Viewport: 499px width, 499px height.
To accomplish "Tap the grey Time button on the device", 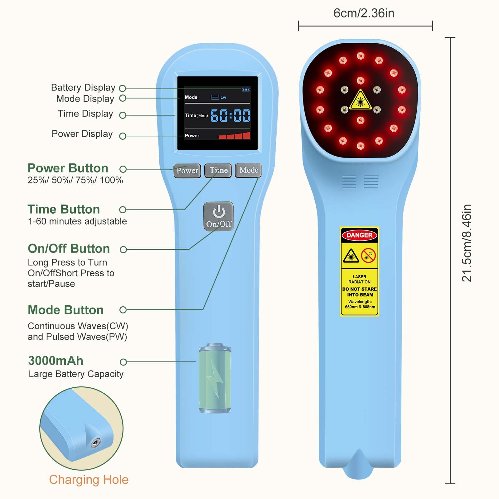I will pyautogui.click(x=218, y=170).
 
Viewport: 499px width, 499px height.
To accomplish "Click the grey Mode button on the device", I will pyautogui.click(x=248, y=170).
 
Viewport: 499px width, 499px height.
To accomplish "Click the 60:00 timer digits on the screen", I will pyautogui.click(x=230, y=115).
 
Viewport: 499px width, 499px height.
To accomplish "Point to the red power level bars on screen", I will pyautogui.click(x=235, y=136).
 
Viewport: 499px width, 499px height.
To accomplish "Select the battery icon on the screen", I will pyautogui.click(x=246, y=90).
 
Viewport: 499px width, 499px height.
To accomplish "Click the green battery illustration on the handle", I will pyautogui.click(x=215, y=378).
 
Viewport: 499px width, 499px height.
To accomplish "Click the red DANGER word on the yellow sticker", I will pyautogui.click(x=359, y=235).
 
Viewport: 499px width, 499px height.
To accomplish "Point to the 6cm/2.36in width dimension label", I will pyautogui.click(x=364, y=13).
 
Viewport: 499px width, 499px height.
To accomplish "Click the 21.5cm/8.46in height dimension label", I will pyautogui.click(x=467, y=243).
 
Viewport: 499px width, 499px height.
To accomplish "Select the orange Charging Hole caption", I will pyautogui.click(x=89, y=480).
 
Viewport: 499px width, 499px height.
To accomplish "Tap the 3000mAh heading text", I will pyautogui.click(x=56, y=361).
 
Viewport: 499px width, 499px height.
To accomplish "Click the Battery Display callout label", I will pyautogui.click(x=83, y=87).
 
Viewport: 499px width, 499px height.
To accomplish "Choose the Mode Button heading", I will pyautogui.click(x=65, y=310).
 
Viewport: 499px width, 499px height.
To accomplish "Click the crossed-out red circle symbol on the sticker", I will pyautogui.click(x=368, y=255).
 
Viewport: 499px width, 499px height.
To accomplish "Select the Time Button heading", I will pyautogui.click(x=64, y=209).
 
